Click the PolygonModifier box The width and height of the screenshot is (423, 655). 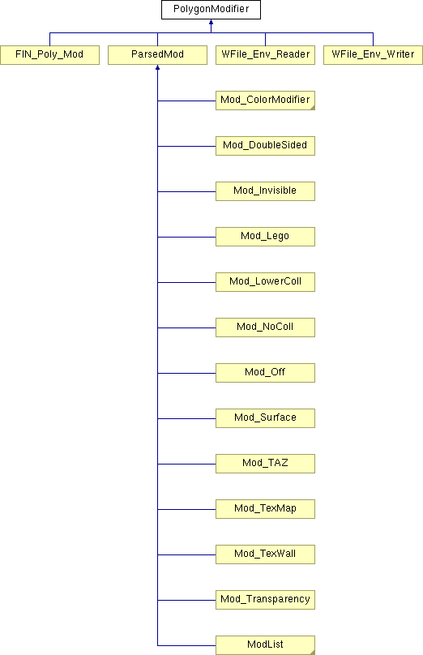coord(211,10)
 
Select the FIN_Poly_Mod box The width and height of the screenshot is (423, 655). coord(49,55)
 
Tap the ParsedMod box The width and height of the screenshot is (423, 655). coord(157,55)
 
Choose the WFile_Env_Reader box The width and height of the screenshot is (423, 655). coord(265,55)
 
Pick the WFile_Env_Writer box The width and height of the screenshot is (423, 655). coord(373,55)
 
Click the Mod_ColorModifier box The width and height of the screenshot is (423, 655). coord(265,101)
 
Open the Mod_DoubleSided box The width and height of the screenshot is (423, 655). coord(265,146)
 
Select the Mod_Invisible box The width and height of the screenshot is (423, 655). coord(265,191)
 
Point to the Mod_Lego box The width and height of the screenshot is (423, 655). coord(265,237)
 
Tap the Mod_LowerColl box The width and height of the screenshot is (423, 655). coord(265,282)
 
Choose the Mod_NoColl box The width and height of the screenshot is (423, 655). coord(265,327)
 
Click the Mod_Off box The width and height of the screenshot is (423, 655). coord(265,373)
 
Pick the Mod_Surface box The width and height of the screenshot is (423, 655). coord(265,418)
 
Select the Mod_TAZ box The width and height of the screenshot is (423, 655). coord(265,464)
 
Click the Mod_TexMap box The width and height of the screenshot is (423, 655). coord(265,509)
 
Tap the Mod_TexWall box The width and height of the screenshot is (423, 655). coord(265,554)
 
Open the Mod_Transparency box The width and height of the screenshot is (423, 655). coord(265,600)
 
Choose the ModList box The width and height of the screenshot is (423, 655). coord(265,645)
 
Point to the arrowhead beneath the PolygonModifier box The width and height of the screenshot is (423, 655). coord(211,22)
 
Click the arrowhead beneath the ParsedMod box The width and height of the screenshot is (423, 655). coord(157,67)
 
